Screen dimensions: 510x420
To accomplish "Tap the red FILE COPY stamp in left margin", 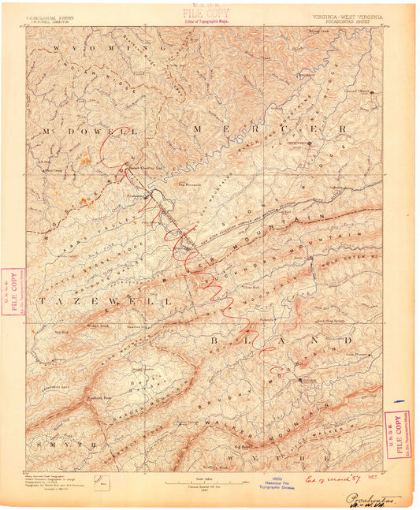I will pos(13,292).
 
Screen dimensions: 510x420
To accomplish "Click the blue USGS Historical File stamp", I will pos(281,484).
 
